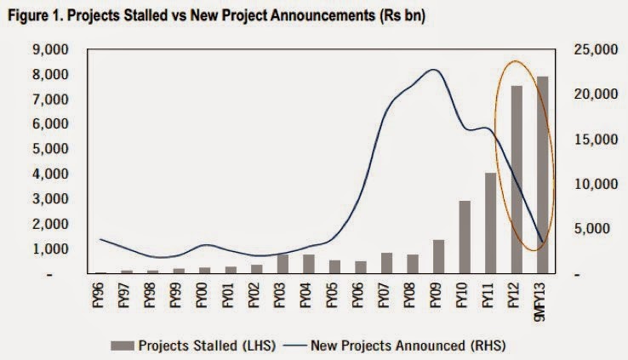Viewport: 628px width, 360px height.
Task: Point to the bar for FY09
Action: [x=438, y=257]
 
